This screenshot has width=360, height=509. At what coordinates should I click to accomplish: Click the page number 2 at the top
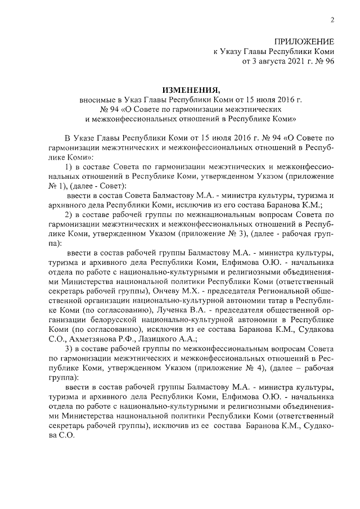click(332, 21)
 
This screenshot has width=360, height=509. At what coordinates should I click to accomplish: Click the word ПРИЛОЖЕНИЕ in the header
click(304, 42)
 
